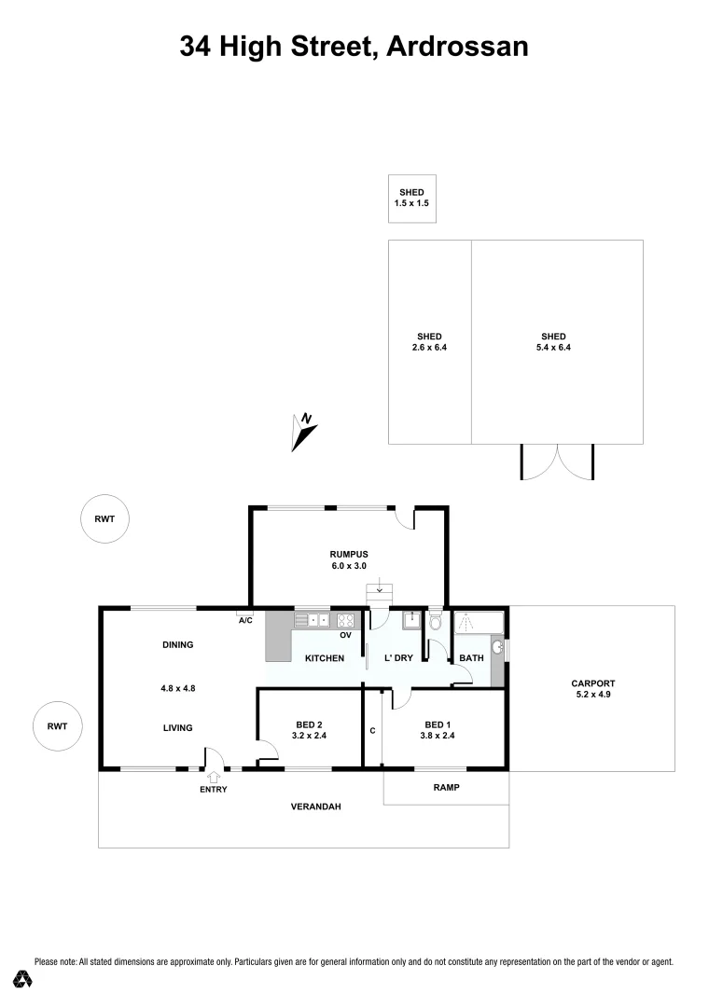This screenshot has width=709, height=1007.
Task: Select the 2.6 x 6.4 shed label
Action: click(429, 342)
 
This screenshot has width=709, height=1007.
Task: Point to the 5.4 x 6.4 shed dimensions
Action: click(553, 348)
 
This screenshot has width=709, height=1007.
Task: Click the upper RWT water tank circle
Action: click(104, 519)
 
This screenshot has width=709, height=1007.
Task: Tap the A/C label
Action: click(246, 620)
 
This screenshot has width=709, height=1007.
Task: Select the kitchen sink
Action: click(313, 619)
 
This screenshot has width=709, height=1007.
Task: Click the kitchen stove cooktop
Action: click(346, 619)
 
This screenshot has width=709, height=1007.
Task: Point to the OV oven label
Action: click(344, 635)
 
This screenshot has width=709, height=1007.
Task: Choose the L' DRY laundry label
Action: click(399, 658)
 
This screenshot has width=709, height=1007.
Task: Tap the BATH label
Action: click(471, 658)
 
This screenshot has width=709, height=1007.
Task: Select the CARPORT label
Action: click(590, 683)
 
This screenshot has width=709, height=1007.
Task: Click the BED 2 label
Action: click(309, 724)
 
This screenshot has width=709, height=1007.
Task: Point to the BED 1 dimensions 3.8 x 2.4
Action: click(438, 736)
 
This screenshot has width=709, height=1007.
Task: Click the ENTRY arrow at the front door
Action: click(214, 776)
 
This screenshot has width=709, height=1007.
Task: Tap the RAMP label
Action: click(447, 787)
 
